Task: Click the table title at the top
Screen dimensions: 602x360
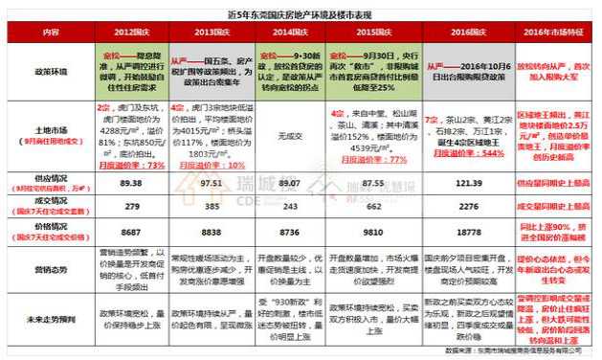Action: [301, 13]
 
